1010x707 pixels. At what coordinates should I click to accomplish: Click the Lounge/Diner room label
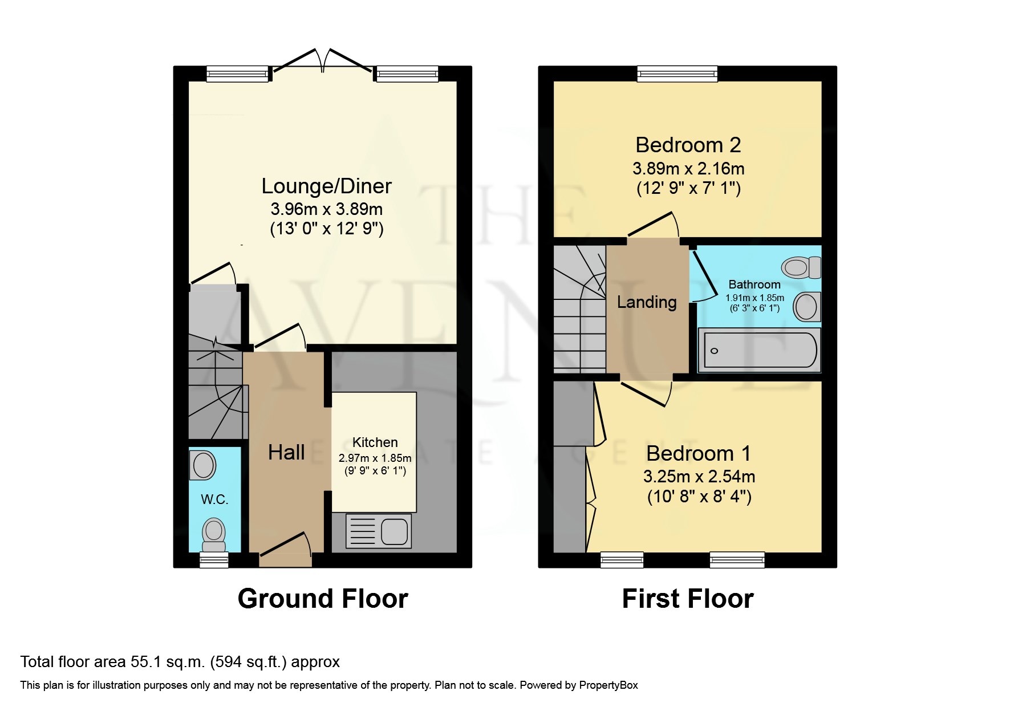326,186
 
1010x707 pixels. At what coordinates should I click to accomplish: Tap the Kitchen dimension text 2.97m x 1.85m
375,458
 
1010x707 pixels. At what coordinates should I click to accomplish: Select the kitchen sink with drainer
379,531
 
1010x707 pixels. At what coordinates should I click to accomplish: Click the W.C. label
214,500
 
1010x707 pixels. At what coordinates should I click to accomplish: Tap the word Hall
286,453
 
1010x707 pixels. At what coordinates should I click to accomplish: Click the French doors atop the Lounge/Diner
323,62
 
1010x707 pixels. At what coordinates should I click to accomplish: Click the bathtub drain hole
714,351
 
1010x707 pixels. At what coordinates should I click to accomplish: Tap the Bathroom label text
755,285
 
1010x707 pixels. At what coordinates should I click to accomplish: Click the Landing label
647,302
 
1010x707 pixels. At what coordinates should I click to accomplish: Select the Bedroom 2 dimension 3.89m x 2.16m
688,169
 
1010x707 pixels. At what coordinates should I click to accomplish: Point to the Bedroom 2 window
678,74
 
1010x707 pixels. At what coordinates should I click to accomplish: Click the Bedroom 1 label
699,454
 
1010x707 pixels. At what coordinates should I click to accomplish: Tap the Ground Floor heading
323,599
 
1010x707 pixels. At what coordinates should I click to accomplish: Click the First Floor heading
688,599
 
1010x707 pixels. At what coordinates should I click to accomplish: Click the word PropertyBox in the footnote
609,685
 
